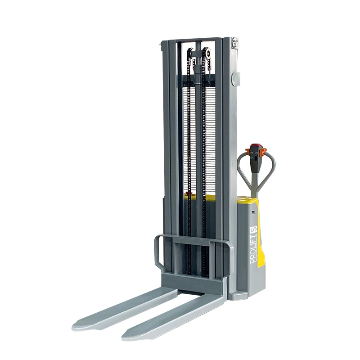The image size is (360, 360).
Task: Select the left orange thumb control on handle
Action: pyautogui.click(x=248, y=151)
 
